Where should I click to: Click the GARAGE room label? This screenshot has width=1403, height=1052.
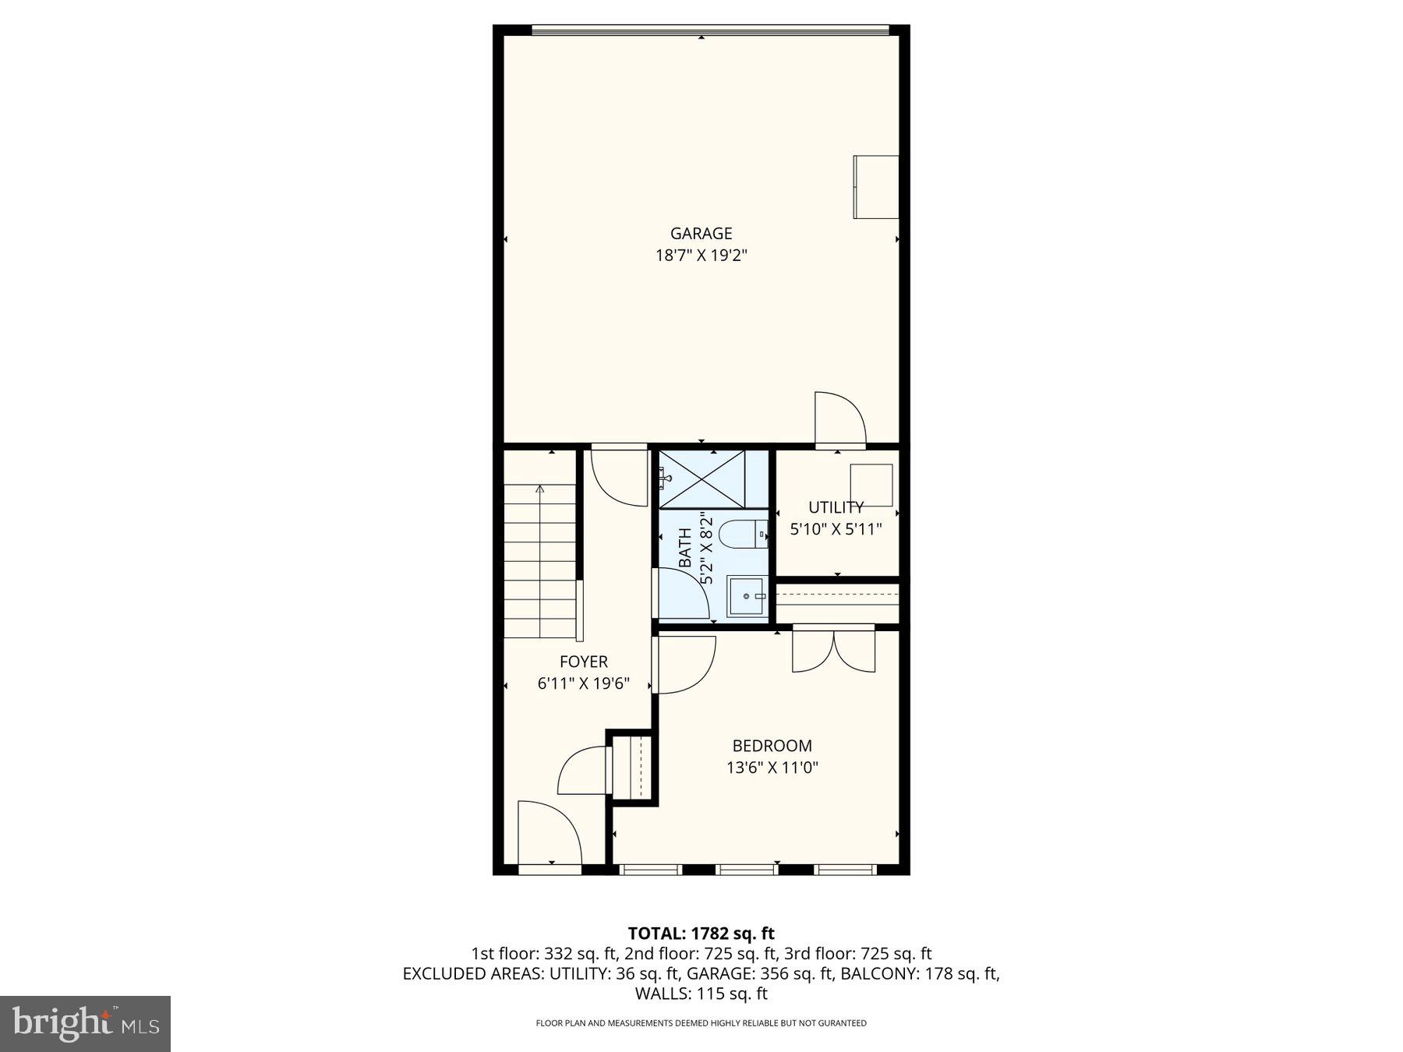tap(701, 233)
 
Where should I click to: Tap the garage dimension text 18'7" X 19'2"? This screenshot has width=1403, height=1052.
tap(701, 255)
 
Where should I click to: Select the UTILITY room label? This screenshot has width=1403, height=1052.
tap(836, 507)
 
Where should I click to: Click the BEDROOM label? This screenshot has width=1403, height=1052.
tap(772, 746)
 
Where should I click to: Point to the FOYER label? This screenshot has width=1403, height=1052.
tap(583, 662)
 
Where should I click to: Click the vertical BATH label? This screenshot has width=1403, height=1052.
tap(685, 548)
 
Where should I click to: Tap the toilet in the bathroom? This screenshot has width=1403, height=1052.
tap(741, 535)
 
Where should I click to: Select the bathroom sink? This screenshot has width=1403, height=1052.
tap(747, 596)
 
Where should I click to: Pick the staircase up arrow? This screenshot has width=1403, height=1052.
tap(539, 489)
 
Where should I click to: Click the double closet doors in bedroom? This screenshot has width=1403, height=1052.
tap(833, 650)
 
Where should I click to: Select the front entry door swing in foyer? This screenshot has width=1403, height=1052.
tap(550, 831)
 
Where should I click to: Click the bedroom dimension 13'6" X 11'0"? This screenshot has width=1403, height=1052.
tap(772, 768)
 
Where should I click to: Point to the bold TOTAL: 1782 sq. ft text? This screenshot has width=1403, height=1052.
tap(701, 933)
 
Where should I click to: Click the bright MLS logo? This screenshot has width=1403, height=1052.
tap(85, 1023)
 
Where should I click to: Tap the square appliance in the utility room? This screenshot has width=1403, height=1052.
tap(871, 485)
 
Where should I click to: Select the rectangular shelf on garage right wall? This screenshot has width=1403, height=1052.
tap(875, 187)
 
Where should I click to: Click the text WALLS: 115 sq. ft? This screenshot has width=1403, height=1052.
tap(701, 994)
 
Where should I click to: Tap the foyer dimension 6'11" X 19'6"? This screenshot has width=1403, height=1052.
tap(583, 684)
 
